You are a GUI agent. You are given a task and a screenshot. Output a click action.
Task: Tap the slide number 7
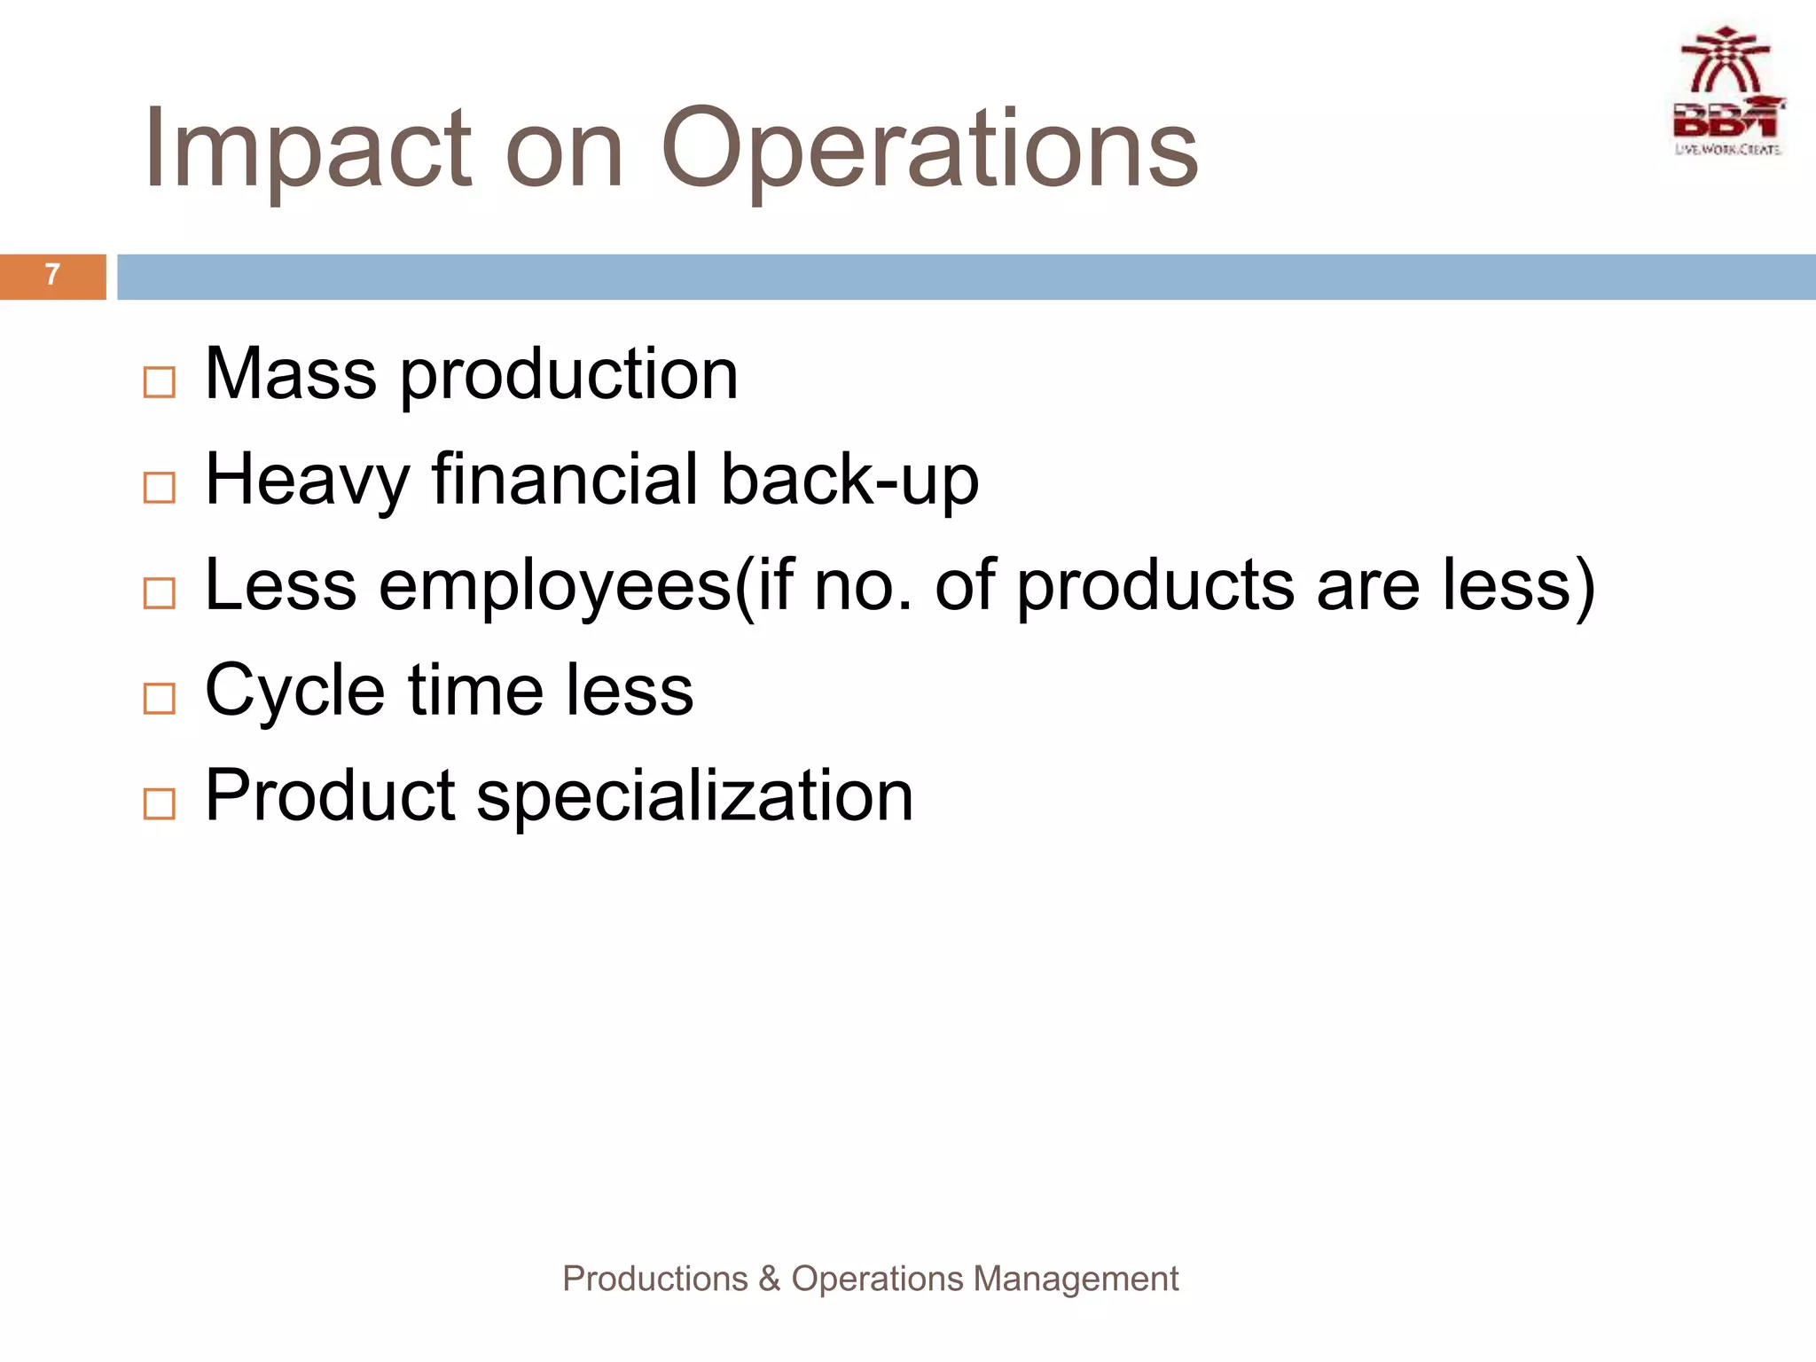[x=52, y=276]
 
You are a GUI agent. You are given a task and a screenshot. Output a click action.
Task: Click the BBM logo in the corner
[x=1728, y=93]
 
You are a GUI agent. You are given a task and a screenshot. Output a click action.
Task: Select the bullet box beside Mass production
[x=160, y=383]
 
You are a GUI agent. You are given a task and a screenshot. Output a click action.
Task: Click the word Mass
[x=291, y=374]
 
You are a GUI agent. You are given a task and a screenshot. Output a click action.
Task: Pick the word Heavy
[x=307, y=481]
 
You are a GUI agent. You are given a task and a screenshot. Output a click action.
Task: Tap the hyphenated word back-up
[x=849, y=481]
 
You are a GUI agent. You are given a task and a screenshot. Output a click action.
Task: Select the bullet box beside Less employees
[x=160, y=593]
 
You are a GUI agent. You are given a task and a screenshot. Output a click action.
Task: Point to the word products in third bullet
[x=1155, y=586]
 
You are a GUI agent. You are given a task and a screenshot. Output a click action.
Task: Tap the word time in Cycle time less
[x=475, y=691]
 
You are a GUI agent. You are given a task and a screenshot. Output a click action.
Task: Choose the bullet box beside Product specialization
[x=160, y=804]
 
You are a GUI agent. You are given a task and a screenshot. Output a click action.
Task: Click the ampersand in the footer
[x=769, y=1280]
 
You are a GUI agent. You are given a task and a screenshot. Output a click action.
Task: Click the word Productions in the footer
[x=655, y=1280]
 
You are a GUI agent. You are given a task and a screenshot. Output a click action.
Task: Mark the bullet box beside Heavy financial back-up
[x=160, y=488]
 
